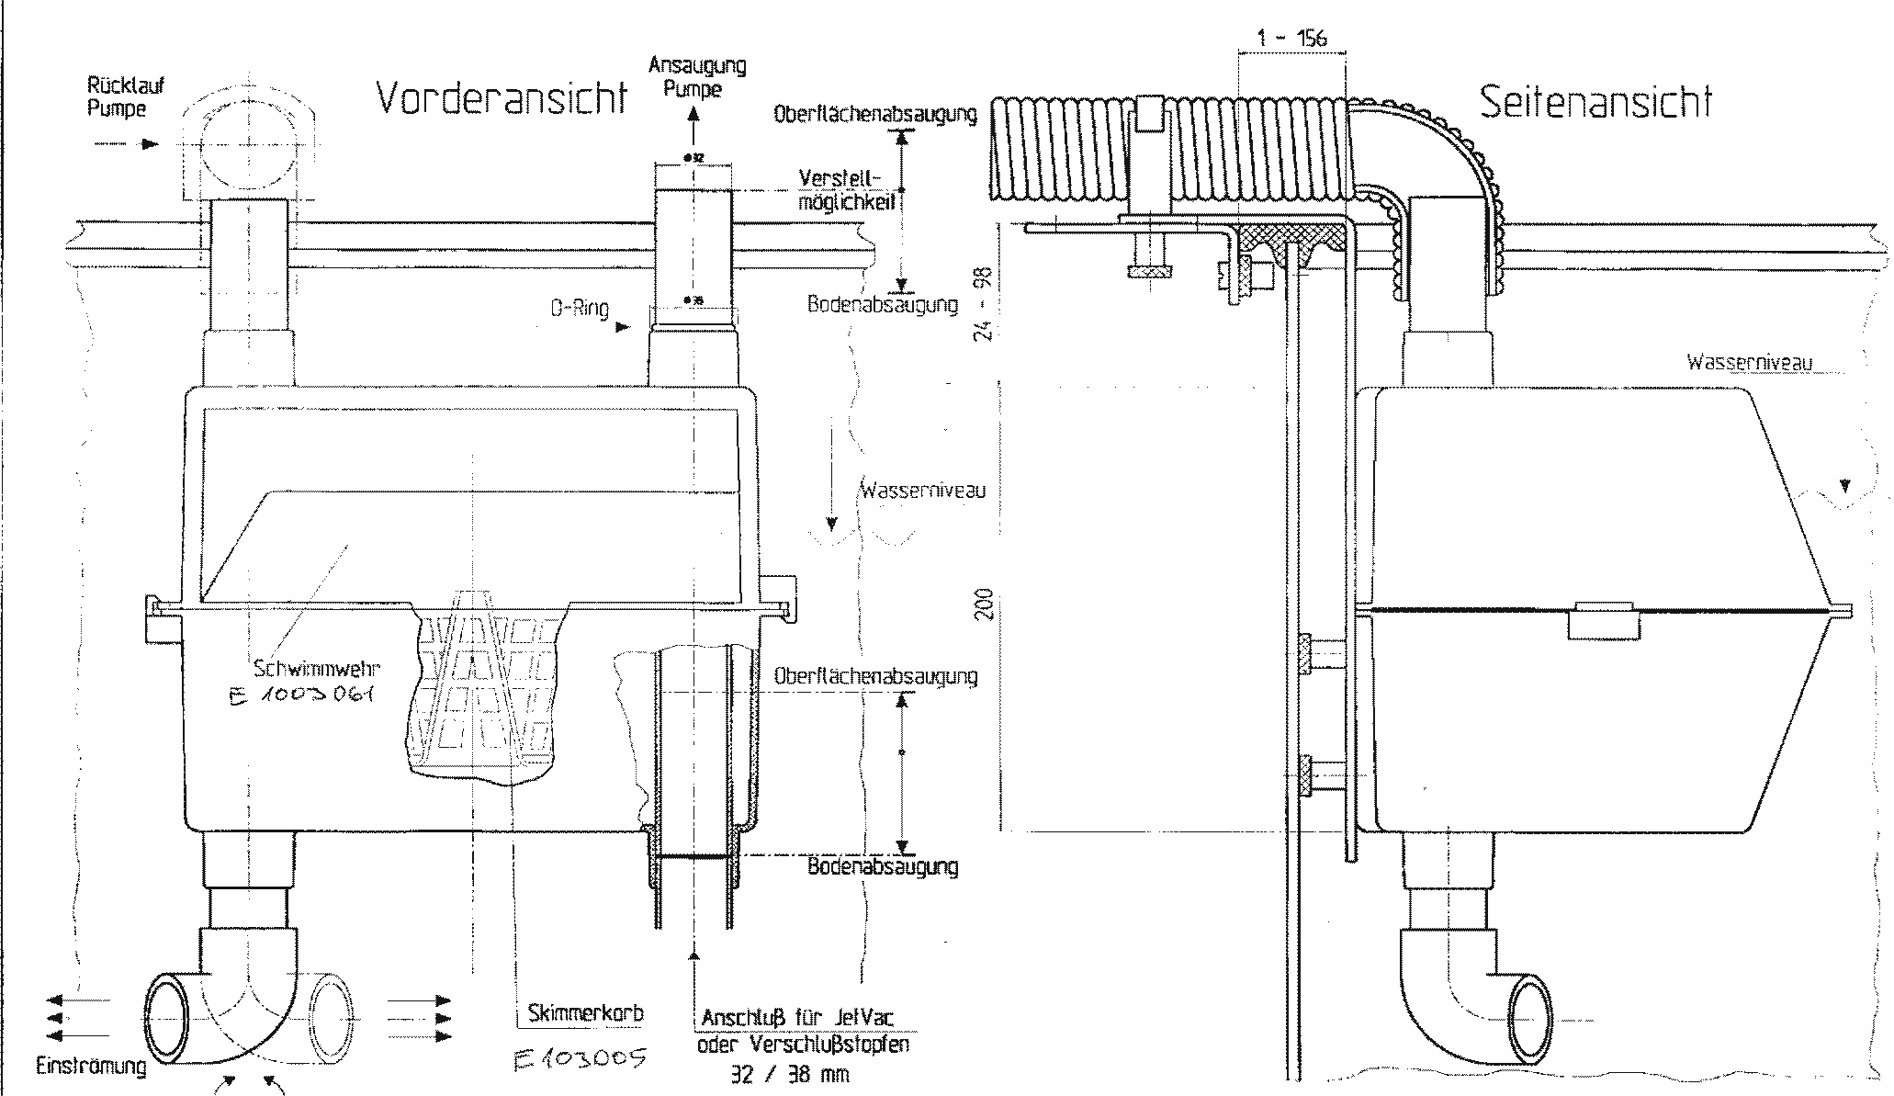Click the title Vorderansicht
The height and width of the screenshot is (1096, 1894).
click(x=502, y=96)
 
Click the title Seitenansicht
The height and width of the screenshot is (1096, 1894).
click(x=1595, y=102)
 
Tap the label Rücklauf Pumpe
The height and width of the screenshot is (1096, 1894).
click(x=125, y=97)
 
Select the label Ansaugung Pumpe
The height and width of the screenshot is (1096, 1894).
click(x=696, y=77)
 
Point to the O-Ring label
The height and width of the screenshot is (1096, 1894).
click(x=580, y=309)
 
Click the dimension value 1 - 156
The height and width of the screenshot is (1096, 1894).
click(x=1292, y=38)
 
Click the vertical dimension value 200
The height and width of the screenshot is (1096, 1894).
click(x=986, y=604)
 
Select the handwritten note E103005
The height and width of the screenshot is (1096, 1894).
click(x=579, y=1059)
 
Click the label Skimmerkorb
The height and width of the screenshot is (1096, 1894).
click(x=585, y=1013)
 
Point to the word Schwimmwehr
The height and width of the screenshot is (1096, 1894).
click(x=316, y=669)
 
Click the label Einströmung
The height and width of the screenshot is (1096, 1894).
click(x=91, y=1067)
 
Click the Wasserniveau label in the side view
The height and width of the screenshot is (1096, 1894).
click(x=1749, y=362)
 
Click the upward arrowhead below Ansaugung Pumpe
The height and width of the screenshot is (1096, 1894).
click(x=693, y=114)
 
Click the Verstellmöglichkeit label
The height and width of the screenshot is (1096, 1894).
click(x=844, y=189)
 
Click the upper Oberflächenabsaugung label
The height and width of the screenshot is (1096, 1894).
click(x=874, y=115)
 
